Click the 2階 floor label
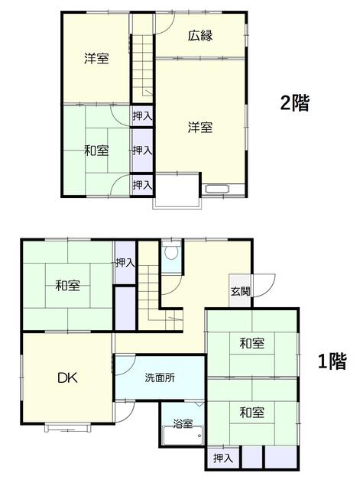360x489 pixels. [x=295, y=103]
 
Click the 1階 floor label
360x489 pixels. [x=332, y=361]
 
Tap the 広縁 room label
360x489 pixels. [x=200, y=36]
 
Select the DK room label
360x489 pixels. [x=68, y=378]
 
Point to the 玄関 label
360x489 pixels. [x=240, y=291]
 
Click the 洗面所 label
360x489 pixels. [x=160, y=377]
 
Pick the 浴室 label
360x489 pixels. [x=183, y=423]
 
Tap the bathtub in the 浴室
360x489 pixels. [x=183, y=436]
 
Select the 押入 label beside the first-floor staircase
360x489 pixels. [x=125, y=263]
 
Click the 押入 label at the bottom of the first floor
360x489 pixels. [x=222, y=458]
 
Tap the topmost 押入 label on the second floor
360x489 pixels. [x=142, y=116]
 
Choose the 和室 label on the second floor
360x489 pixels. [x=97, y=151]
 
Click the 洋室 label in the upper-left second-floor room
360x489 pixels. [x=97, y=58]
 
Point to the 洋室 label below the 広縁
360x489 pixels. [x=200, y=128]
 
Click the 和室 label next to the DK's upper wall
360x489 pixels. [x=68, y=285]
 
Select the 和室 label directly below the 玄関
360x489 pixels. [x=251, y=343]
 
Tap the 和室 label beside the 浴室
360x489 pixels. [x=251, y=413]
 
